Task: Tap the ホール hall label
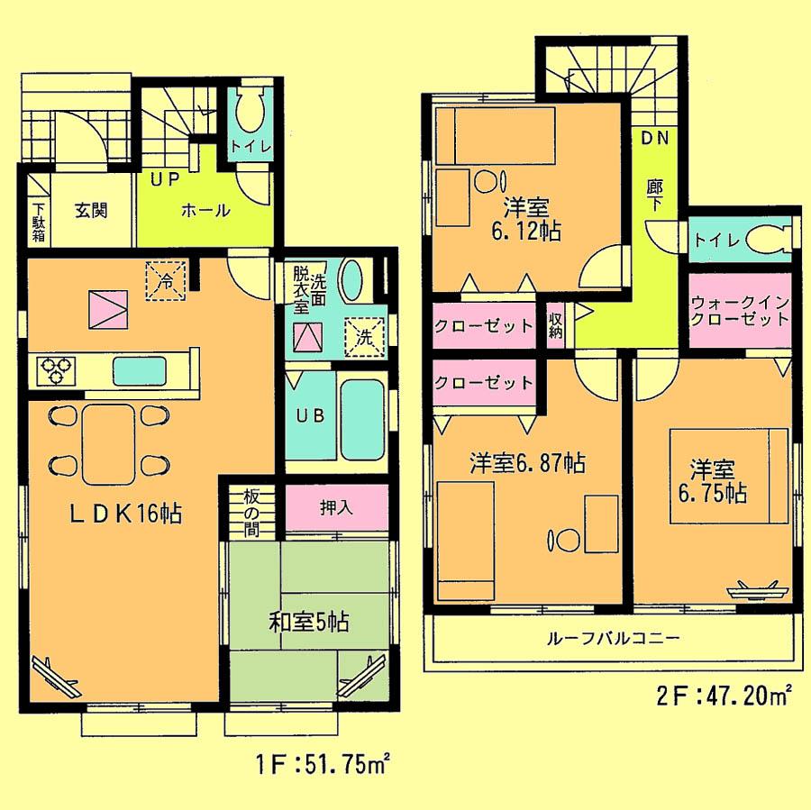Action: (x=206, y=211)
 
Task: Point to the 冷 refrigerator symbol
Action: (x=166, y=279)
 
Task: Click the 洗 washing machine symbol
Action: (x=366, y=338)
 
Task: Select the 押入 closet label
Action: (x=336, y=507)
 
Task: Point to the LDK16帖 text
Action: (x=127, y=514)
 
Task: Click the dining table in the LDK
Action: (x=109, y=439)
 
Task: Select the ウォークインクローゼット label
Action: (x=741, y=311)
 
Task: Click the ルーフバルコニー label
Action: (x=612, y=639)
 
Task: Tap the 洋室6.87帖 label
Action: (x=527, y=464)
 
